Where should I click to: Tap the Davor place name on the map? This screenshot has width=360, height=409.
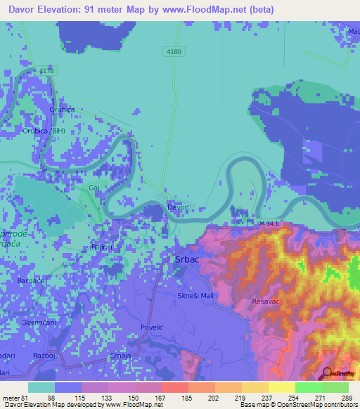click(x=178, y=207)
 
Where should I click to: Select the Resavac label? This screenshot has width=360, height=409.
click(x=265, y=301)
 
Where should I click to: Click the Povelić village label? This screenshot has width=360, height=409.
click(x=152, y=327)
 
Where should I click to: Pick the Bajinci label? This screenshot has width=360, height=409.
click(x=103, y=247)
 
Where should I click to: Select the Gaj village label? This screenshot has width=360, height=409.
click(x=94, y=188)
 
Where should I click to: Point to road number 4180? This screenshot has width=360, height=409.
click(x=173, y=51)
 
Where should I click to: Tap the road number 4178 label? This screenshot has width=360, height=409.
click(x=46, y=71)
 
